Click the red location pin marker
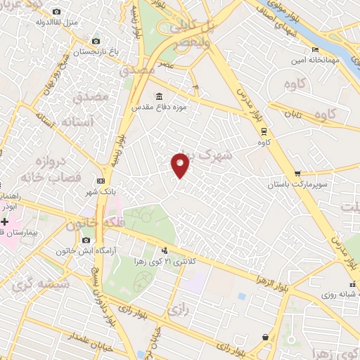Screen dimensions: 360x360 click(x=181, y=164)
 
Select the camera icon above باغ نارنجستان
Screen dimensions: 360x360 click(x=96, y=41)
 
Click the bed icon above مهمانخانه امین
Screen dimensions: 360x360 click(x=315, y=49)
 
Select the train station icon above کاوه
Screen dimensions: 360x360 click(x=263, y=130)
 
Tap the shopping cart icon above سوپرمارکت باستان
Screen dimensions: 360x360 click(x=298, y=173)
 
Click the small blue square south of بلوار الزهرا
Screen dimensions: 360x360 click(x=242, y=296)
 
